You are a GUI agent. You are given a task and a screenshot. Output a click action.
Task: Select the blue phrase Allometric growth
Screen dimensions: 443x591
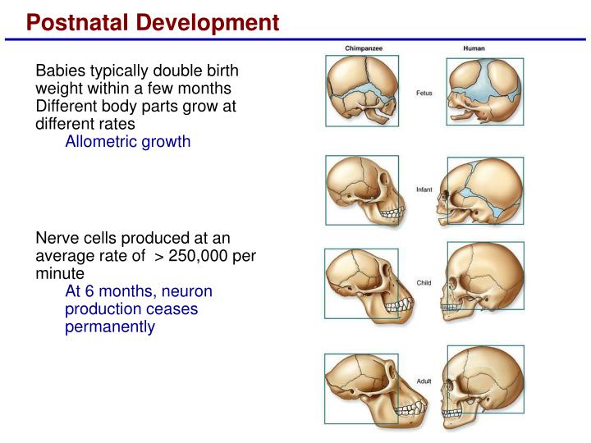pos(128,141)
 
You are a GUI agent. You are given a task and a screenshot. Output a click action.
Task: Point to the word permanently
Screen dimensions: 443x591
pos(109,327)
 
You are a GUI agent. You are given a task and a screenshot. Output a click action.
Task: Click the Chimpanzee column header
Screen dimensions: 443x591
pos(362,48)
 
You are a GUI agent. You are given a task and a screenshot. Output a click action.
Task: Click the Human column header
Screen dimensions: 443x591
pos(474,48)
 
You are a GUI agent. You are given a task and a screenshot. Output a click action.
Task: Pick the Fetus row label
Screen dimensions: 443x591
pos(424,94)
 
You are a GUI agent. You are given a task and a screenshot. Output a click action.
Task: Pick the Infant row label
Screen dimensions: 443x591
pos(424,190)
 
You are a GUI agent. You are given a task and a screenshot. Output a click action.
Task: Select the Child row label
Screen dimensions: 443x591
pos(424,283)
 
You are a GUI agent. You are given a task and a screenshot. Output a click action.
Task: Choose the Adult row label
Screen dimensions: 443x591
pos(424,381)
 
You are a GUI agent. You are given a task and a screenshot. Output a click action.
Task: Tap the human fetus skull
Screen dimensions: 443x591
pos(484,92)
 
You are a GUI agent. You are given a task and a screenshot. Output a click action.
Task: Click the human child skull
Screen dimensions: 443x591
pos(484,283)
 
